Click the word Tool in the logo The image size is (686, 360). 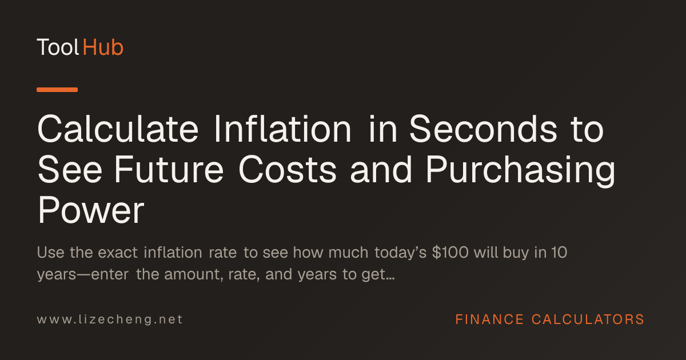pos(58,47)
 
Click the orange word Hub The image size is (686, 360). pos(103,47)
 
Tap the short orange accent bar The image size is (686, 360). pos(57,90)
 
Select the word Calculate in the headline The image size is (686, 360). pos(118,129)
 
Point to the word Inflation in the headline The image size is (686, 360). pos(282,129)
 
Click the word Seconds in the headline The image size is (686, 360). pos(483,129)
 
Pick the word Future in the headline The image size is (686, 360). pos(169,170)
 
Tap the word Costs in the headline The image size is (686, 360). pos(288,170)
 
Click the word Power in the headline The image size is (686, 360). pos(91,210)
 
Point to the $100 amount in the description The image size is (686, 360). pos(450,253)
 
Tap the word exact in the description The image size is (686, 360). pos(118,253)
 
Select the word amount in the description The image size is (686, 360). pos(192,274)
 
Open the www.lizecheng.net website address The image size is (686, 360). pos(110,319)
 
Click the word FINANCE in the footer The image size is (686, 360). pos(489,319)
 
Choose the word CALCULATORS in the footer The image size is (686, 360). pos(588,319)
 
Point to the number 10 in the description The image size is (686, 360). pos(559,253)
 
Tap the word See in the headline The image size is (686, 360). pos(70,170)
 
